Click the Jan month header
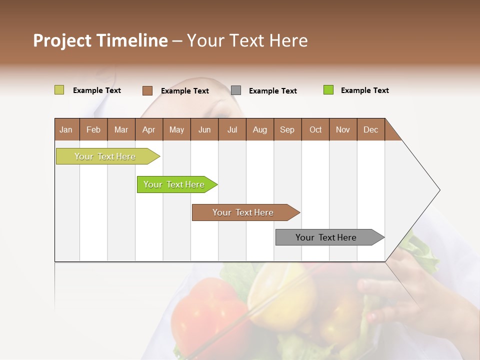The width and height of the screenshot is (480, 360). point(66,129)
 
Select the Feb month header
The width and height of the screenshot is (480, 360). point(93,129)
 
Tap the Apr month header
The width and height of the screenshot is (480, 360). point(148,129)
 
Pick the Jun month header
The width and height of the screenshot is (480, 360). point(204,129)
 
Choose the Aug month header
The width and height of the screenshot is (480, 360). point(259,129)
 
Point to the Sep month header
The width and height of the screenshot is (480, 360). point(287,129)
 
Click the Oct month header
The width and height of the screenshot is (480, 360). point(315,129)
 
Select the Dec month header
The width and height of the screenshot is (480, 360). point(370,129)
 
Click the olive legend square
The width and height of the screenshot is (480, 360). point(59,90)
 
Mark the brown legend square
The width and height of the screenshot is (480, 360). point(147,90)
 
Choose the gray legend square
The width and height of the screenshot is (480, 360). point(236,90)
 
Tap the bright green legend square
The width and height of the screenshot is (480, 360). point(328,90)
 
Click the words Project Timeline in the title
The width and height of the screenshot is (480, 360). point(100,40)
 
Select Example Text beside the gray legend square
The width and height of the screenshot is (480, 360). point(272,91)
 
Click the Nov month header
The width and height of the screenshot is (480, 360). point(342,129)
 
